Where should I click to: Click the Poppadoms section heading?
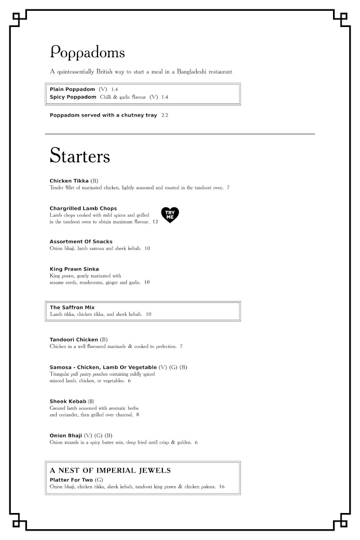[87, 53]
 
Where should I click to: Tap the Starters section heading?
[80, 156]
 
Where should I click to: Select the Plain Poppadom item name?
[72, 89]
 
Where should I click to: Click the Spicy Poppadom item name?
[73, 97]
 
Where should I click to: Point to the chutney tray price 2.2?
[165, 115]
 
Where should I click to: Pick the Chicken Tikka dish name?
[69, 181]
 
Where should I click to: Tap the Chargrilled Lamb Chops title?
[83, 208]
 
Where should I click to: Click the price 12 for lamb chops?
[155, 221]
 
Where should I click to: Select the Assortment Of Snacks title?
[81, 242]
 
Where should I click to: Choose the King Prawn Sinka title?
[74, 269]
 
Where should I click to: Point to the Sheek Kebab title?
[67, 401]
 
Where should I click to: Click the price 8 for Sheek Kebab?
[138, 414]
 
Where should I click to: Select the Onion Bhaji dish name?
[65, 436]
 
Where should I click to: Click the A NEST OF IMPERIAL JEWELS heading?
[110, 470]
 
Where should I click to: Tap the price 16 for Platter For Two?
[222, 486]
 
